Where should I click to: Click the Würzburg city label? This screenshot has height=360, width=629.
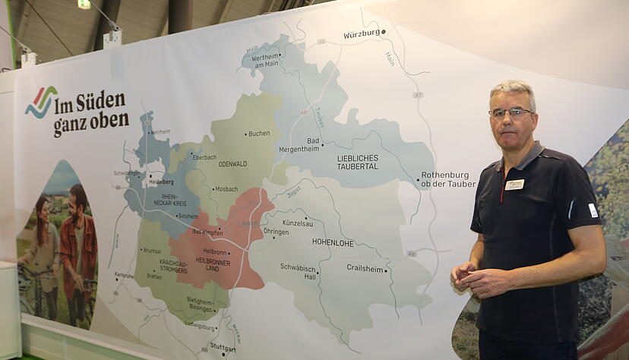[362, 34]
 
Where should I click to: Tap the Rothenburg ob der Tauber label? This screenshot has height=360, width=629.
[448, 179]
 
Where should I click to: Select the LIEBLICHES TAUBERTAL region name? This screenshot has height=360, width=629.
[357, 162]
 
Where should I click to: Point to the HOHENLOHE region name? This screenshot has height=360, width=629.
[333, 242]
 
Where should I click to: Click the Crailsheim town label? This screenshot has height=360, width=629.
[365, 268]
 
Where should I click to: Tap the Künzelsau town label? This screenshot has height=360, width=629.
[298, 223]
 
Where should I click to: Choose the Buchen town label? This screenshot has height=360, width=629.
[258, 134]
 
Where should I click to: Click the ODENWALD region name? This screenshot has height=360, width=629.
[232, 163]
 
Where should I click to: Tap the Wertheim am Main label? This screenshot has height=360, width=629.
[266, 60]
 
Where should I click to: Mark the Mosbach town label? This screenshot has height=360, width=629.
[226, 189]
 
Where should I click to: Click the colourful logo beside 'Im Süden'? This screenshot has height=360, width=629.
[40, 102]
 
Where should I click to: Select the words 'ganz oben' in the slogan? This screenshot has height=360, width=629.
[90, 122]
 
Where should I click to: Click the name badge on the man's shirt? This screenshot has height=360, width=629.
[514, 185]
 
